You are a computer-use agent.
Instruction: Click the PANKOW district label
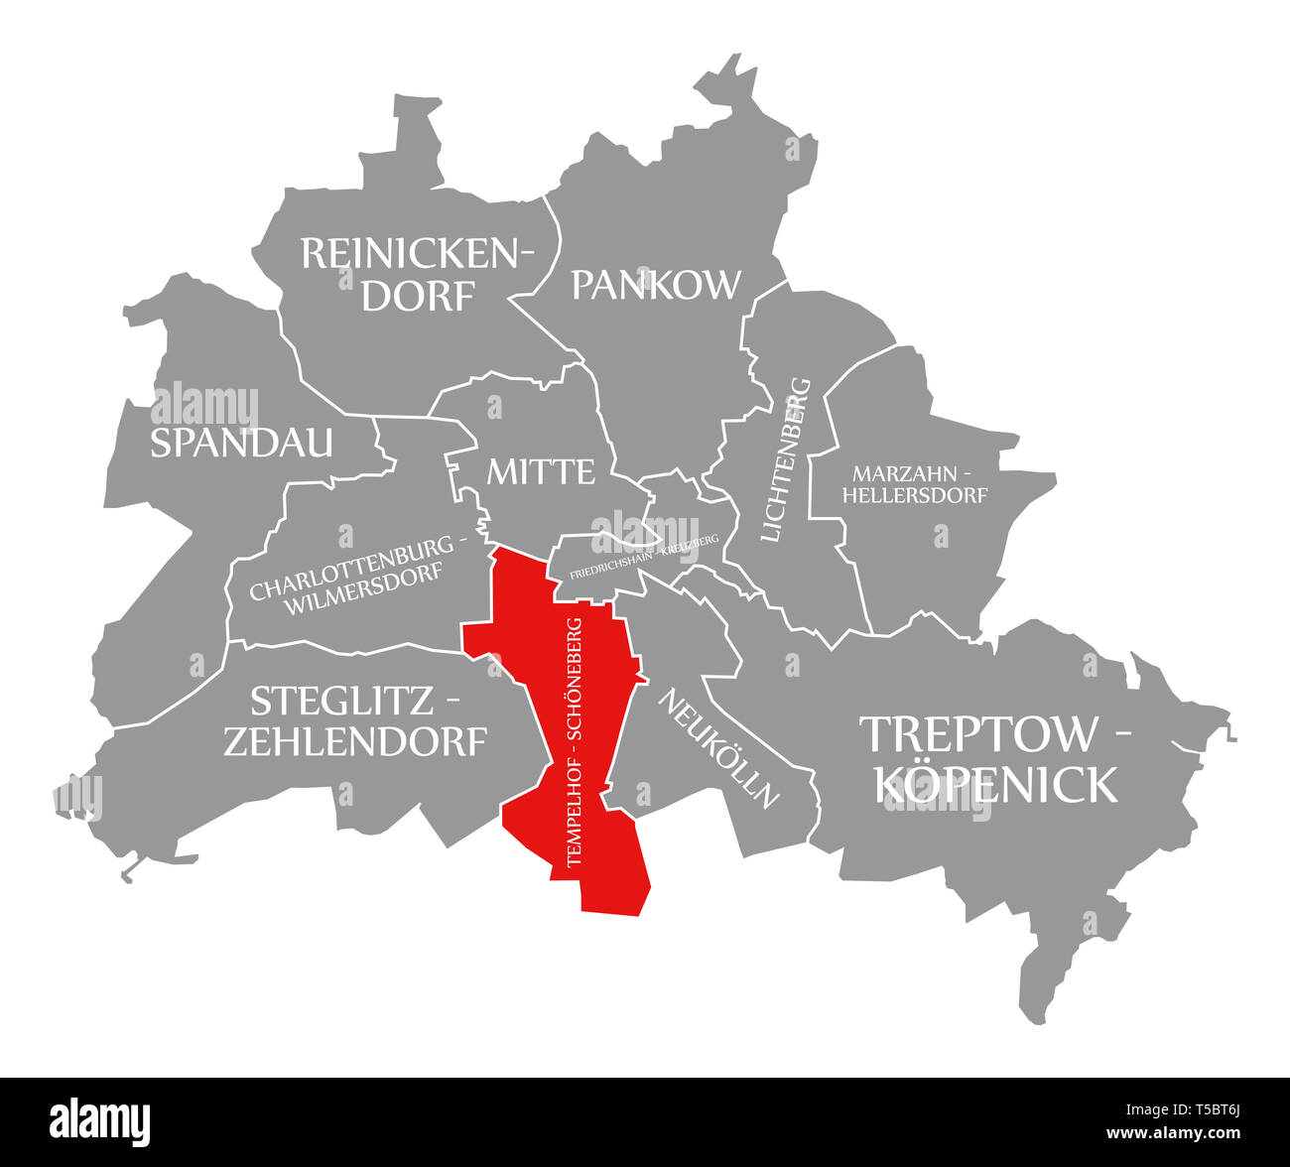point(656,284)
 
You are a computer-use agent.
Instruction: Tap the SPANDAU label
point(241,443)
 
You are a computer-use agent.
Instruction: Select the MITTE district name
point(540,471)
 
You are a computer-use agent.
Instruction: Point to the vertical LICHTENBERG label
point(787,459)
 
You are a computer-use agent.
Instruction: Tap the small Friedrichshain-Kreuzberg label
point(643,552)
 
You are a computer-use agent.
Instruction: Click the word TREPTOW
point(978,733)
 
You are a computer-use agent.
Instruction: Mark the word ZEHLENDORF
point(355,741)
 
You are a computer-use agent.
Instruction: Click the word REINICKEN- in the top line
point(417,253)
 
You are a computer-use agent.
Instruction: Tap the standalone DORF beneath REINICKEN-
point(418,295)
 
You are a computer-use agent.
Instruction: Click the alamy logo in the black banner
point(100,1119)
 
